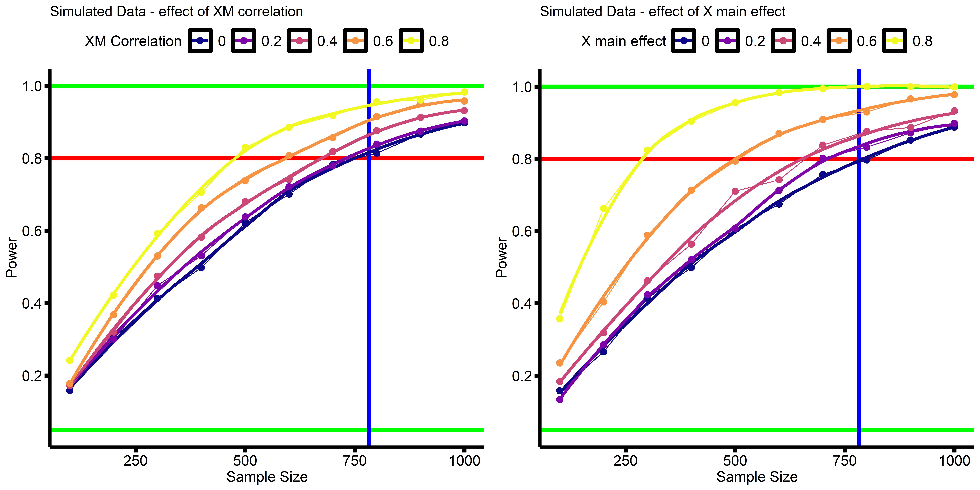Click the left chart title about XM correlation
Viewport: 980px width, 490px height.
[177, 12]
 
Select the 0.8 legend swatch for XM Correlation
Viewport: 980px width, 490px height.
[411, 41]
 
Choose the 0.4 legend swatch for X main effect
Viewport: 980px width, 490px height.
[783, 41]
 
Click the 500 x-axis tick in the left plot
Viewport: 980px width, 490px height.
[245, 461]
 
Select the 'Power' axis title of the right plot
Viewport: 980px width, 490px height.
[501, 258]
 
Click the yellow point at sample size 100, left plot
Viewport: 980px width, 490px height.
[70, 360]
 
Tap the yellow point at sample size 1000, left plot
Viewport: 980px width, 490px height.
[464, 92]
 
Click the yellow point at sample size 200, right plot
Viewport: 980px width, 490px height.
[603, 208]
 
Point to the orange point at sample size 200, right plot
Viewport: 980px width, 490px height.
[603, 302]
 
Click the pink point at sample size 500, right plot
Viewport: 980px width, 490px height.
[735, 191]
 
